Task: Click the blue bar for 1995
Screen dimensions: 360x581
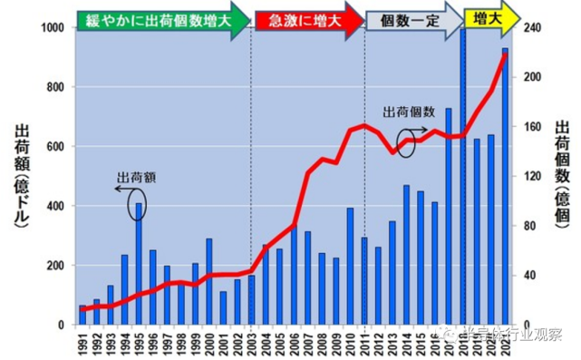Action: (140, 263)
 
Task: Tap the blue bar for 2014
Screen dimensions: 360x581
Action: (406, 255)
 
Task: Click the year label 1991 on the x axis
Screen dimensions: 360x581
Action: (83, 343)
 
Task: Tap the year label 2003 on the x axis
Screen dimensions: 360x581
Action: (251, 343)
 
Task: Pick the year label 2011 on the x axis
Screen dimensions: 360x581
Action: (364, 343)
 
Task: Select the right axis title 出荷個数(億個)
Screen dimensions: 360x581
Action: (562, 176)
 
